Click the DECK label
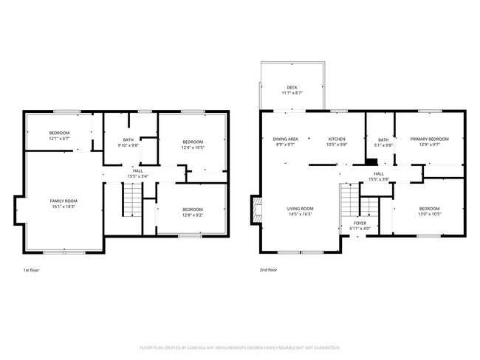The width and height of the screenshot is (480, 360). pos(292,88)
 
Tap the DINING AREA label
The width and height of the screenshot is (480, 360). pos(285,139)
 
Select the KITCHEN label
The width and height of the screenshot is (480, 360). pos(337,139)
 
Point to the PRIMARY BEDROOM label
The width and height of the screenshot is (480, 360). pos(430,139)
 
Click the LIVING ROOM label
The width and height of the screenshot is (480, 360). pos(301,209)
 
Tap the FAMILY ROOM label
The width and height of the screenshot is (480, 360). pos(64,201)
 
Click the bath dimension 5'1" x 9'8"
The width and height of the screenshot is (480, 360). pos(383,145)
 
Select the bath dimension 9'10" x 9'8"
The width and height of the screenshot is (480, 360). pos(128,145)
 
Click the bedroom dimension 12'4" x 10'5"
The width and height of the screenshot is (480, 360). pos(192,147)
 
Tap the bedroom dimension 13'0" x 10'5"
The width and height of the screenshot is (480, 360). pos(429,215)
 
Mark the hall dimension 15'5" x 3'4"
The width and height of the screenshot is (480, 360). pos(138,176)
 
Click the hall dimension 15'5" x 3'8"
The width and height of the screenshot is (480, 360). pos(377,179)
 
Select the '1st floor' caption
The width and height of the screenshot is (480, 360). pos(32,271)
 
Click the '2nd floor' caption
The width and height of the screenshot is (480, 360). pos(269,271)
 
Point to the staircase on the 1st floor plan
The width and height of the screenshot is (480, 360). pos(131,197)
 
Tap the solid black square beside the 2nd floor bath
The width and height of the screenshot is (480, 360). pos(371,162)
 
